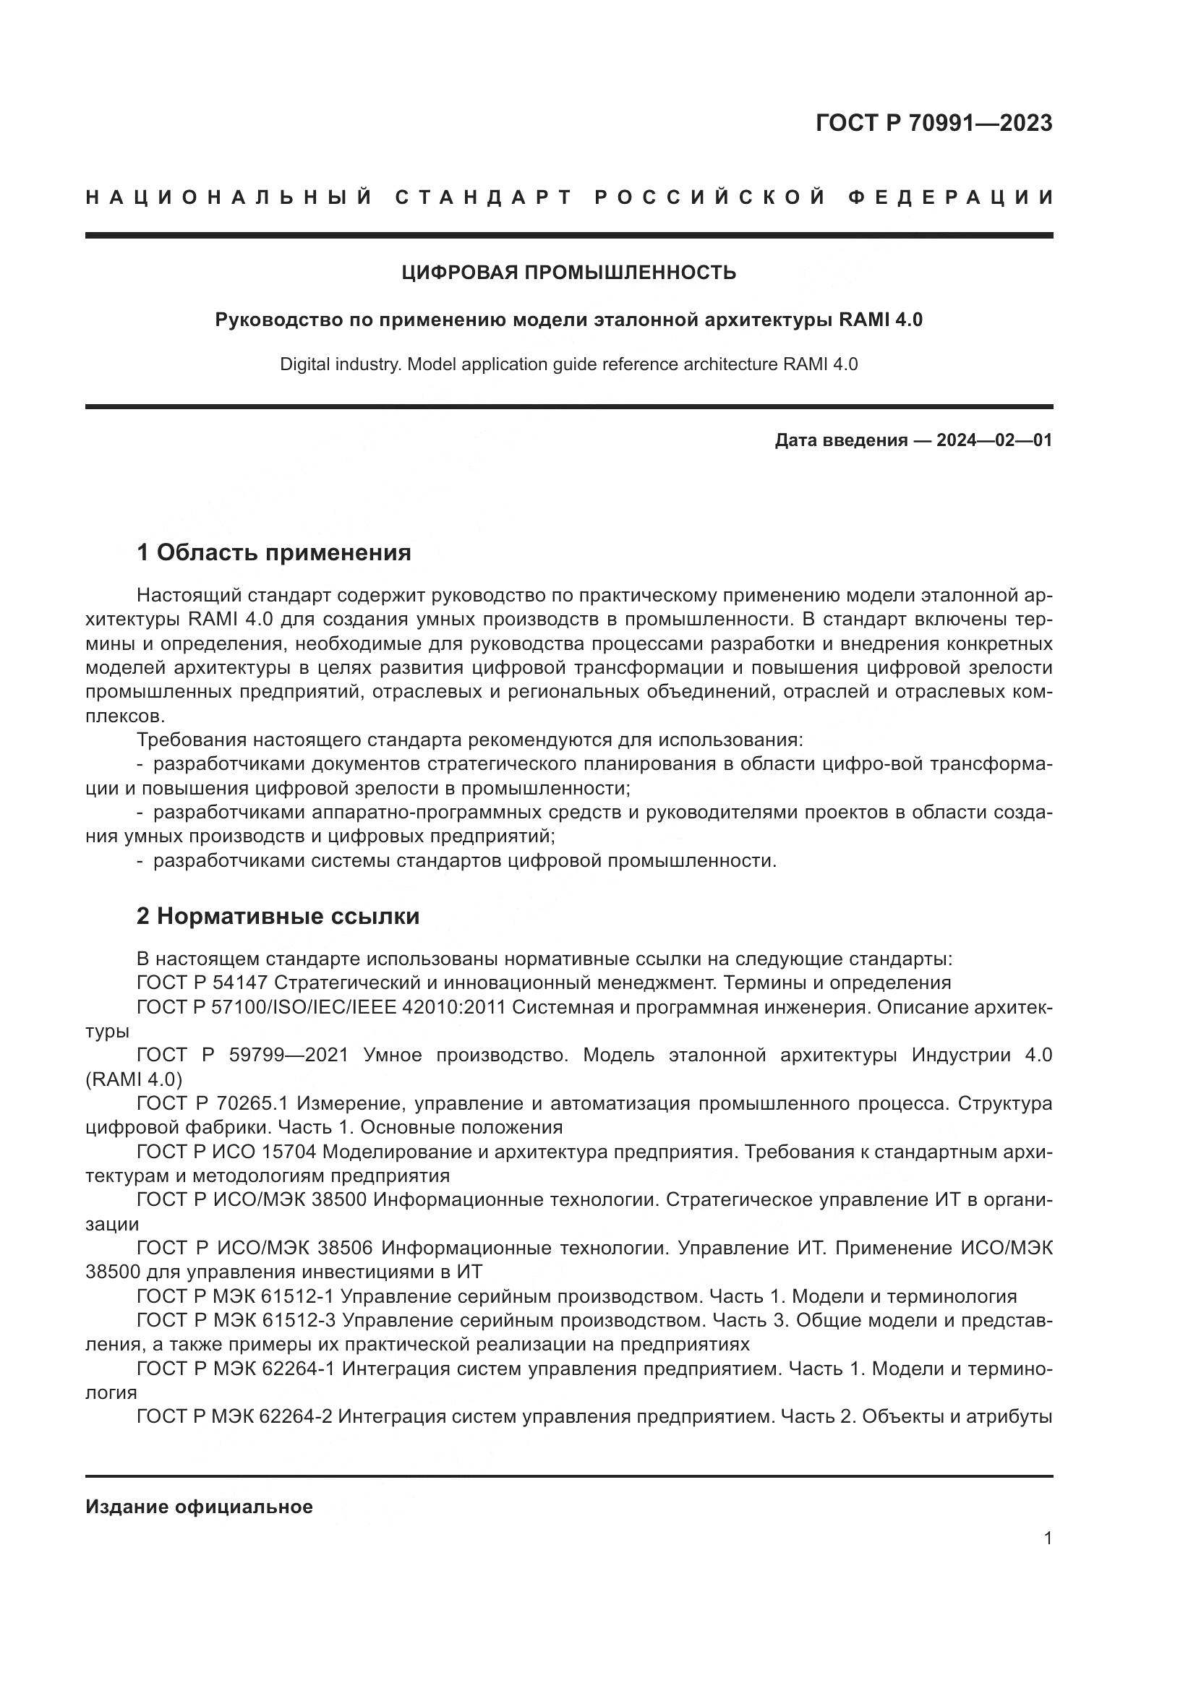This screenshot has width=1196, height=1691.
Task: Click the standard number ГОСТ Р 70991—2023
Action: click(934, 123)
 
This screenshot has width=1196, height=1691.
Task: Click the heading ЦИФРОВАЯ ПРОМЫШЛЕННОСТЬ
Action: click(568, 273)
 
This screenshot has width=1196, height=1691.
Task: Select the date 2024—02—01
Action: click(994, 440)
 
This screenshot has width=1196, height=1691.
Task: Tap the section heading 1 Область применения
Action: click(274, 552)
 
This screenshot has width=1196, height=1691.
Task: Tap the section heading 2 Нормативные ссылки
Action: click(278, 916)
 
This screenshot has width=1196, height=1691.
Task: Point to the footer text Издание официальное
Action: click(199, 1507)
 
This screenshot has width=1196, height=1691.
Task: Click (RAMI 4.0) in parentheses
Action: click(133, 1079)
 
